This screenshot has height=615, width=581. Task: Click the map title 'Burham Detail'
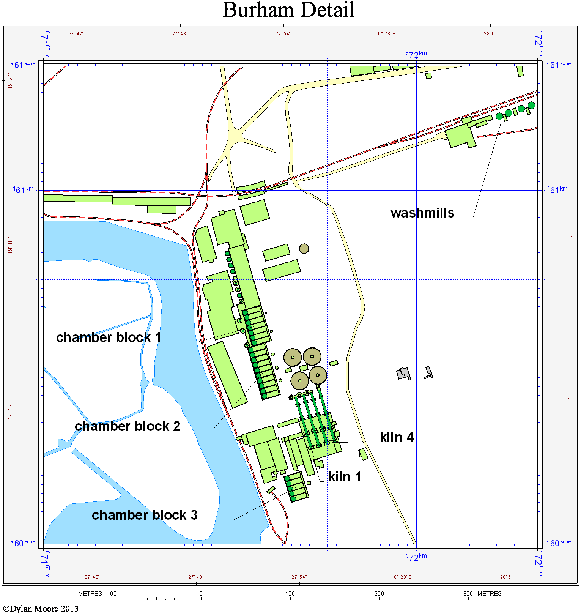[x=288, y=10]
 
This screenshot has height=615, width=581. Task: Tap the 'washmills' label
[x=422, y=213]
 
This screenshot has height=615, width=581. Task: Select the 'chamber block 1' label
[x=109, y=337]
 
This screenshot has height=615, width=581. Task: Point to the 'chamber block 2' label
[x=128, y=426]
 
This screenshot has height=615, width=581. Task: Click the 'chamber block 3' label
[x=145, y=515]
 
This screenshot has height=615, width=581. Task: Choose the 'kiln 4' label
[x=397, y=437]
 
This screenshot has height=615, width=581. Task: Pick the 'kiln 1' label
[x=345, y=477]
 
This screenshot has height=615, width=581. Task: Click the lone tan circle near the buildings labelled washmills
[x=304, y=249]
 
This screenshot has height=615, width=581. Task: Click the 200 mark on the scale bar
[x=379, y=594]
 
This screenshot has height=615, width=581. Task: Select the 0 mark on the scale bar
[x=201, y=594]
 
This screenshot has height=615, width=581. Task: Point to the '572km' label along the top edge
[x=416, y=54]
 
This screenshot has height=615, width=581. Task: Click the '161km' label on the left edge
[x=24, y=189]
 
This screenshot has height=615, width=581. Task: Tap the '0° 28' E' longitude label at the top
[x=386, y=34]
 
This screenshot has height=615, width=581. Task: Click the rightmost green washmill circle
[x=531, y=105]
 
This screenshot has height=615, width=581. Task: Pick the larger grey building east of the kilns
[x=403, y=374]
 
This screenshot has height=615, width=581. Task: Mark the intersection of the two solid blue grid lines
[x=416, y=190]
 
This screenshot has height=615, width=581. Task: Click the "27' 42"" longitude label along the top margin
[x=76, y=34]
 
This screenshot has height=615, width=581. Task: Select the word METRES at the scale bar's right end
[x=489, y=594]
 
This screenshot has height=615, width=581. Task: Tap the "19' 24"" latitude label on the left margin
[x=10, y=80]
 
